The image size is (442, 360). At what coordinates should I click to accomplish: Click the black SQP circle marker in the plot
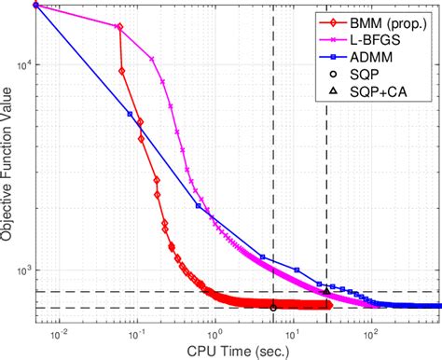273,307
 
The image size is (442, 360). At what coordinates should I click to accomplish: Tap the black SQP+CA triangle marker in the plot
326,291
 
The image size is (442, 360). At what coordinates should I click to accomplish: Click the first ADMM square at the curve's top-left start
35,5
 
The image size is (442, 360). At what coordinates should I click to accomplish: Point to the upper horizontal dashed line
186,292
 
